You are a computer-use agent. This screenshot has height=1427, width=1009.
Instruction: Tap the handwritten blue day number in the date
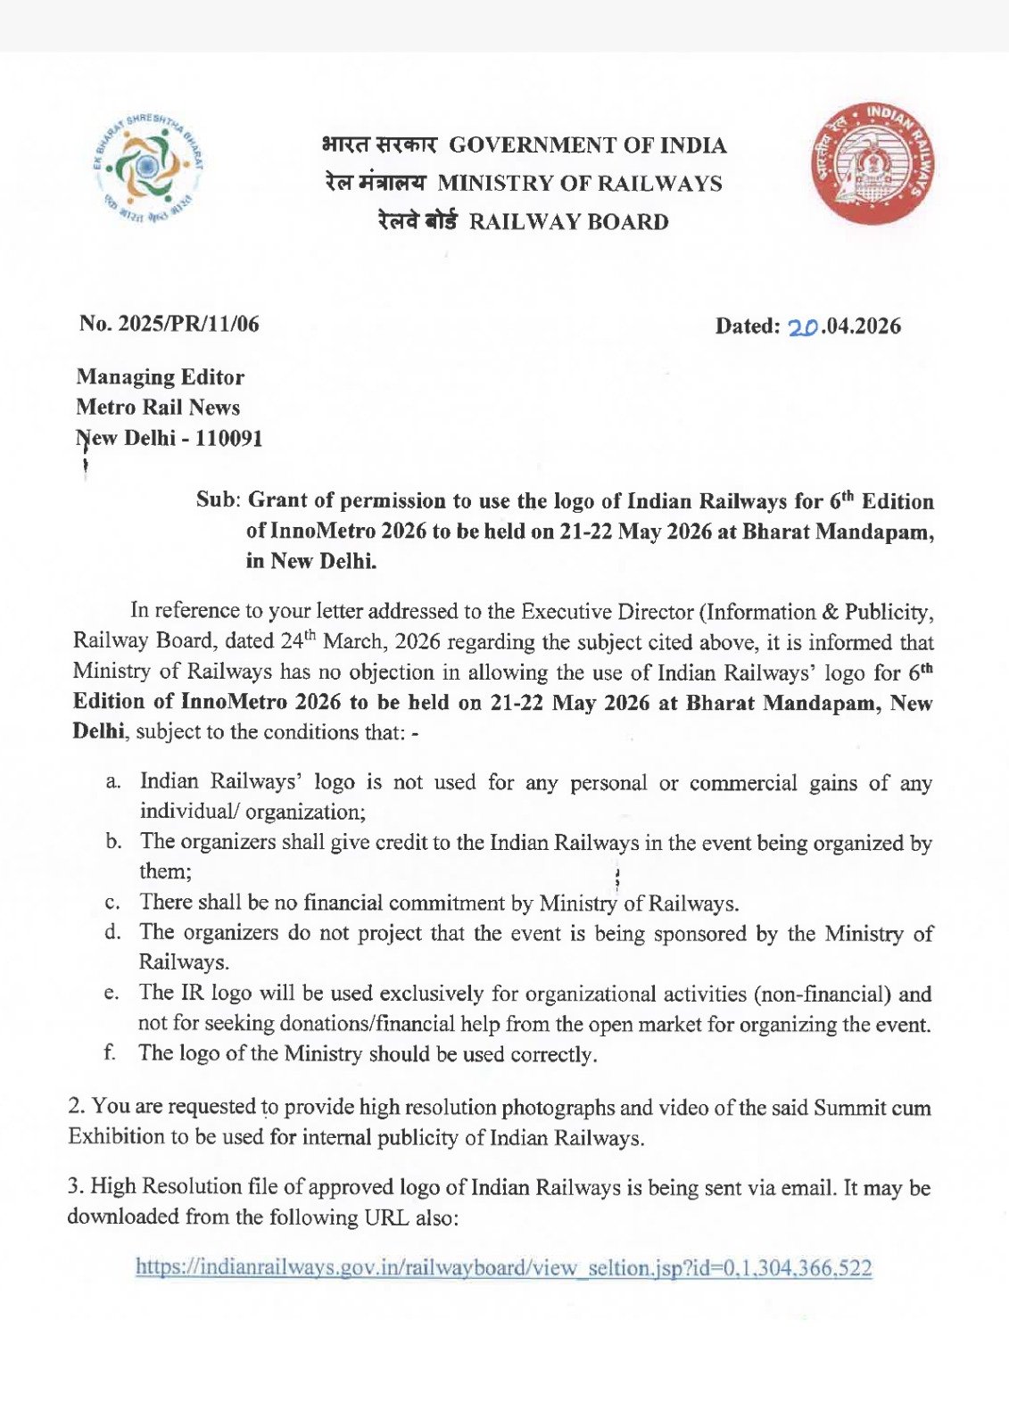(x=803, y=327)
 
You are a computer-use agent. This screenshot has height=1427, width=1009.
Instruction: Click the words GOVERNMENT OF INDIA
(x=587, y=145)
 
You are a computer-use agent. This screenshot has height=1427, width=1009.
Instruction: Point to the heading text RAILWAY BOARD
(x=568, y=222)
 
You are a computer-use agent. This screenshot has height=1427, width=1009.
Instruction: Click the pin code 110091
(x=228, y=438)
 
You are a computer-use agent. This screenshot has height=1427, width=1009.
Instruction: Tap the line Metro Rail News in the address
(x=158, y=408)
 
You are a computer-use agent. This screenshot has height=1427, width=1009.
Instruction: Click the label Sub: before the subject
(x=218, y=499)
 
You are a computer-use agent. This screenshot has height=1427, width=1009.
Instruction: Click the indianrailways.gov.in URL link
(x=503, y=1267)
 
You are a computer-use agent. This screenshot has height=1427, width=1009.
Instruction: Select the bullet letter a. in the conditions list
(x=113, y=782)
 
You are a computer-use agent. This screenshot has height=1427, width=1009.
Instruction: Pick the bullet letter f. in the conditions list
(x=110, y=1052)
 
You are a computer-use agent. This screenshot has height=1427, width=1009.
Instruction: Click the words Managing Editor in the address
(x=161, y=377)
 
